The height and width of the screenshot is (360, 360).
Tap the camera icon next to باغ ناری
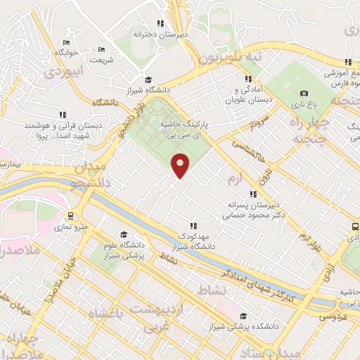[x=304, y=93]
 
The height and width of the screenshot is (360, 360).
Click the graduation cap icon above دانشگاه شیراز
[x=148, y=79]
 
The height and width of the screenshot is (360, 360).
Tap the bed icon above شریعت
[x=101, y=49]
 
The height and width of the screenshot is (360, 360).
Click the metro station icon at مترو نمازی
[x=70, y=215]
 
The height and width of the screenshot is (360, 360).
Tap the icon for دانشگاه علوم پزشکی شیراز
[x=124, y=235]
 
